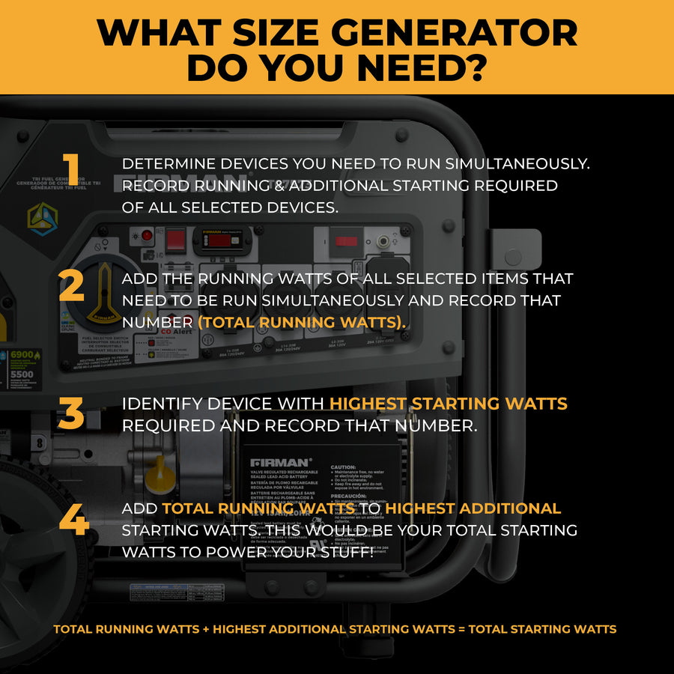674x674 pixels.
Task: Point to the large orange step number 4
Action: pos(73,520)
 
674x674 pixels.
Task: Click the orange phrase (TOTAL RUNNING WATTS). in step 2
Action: pos(302,321)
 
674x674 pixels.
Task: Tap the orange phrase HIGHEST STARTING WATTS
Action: pos(449,404)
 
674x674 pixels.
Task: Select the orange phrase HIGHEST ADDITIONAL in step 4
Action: pos(473,508)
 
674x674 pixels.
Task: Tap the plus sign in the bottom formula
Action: pos(206,629)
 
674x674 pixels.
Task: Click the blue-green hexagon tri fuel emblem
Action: pos(43,217)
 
